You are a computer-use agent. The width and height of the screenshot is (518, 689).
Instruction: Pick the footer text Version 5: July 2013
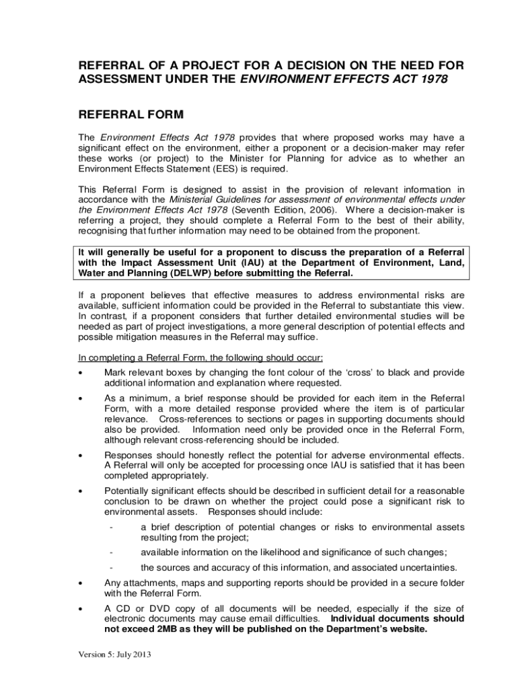click(114, 655)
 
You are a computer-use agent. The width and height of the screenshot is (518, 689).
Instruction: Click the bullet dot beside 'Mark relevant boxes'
click(81, 373)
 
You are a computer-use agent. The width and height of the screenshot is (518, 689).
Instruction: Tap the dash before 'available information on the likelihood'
click(110, 552)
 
